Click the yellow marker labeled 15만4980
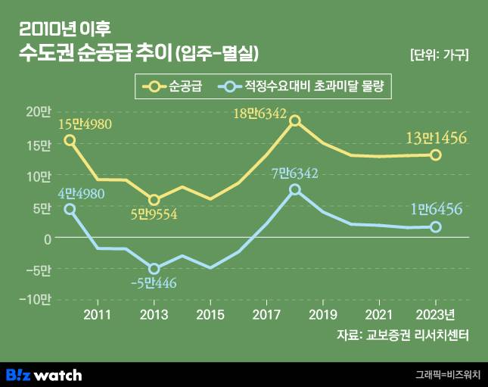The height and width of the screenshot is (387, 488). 70,140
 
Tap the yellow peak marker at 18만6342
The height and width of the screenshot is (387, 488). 295,120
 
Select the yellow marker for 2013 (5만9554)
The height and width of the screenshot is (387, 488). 154,200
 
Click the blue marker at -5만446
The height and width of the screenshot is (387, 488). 154,269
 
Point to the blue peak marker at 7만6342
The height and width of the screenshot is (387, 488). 295,189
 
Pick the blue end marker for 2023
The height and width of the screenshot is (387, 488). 436,226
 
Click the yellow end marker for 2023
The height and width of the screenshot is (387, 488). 436,154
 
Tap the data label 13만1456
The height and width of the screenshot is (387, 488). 436,137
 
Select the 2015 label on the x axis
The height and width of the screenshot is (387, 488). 210,314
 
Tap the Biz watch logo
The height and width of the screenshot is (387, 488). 44,375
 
